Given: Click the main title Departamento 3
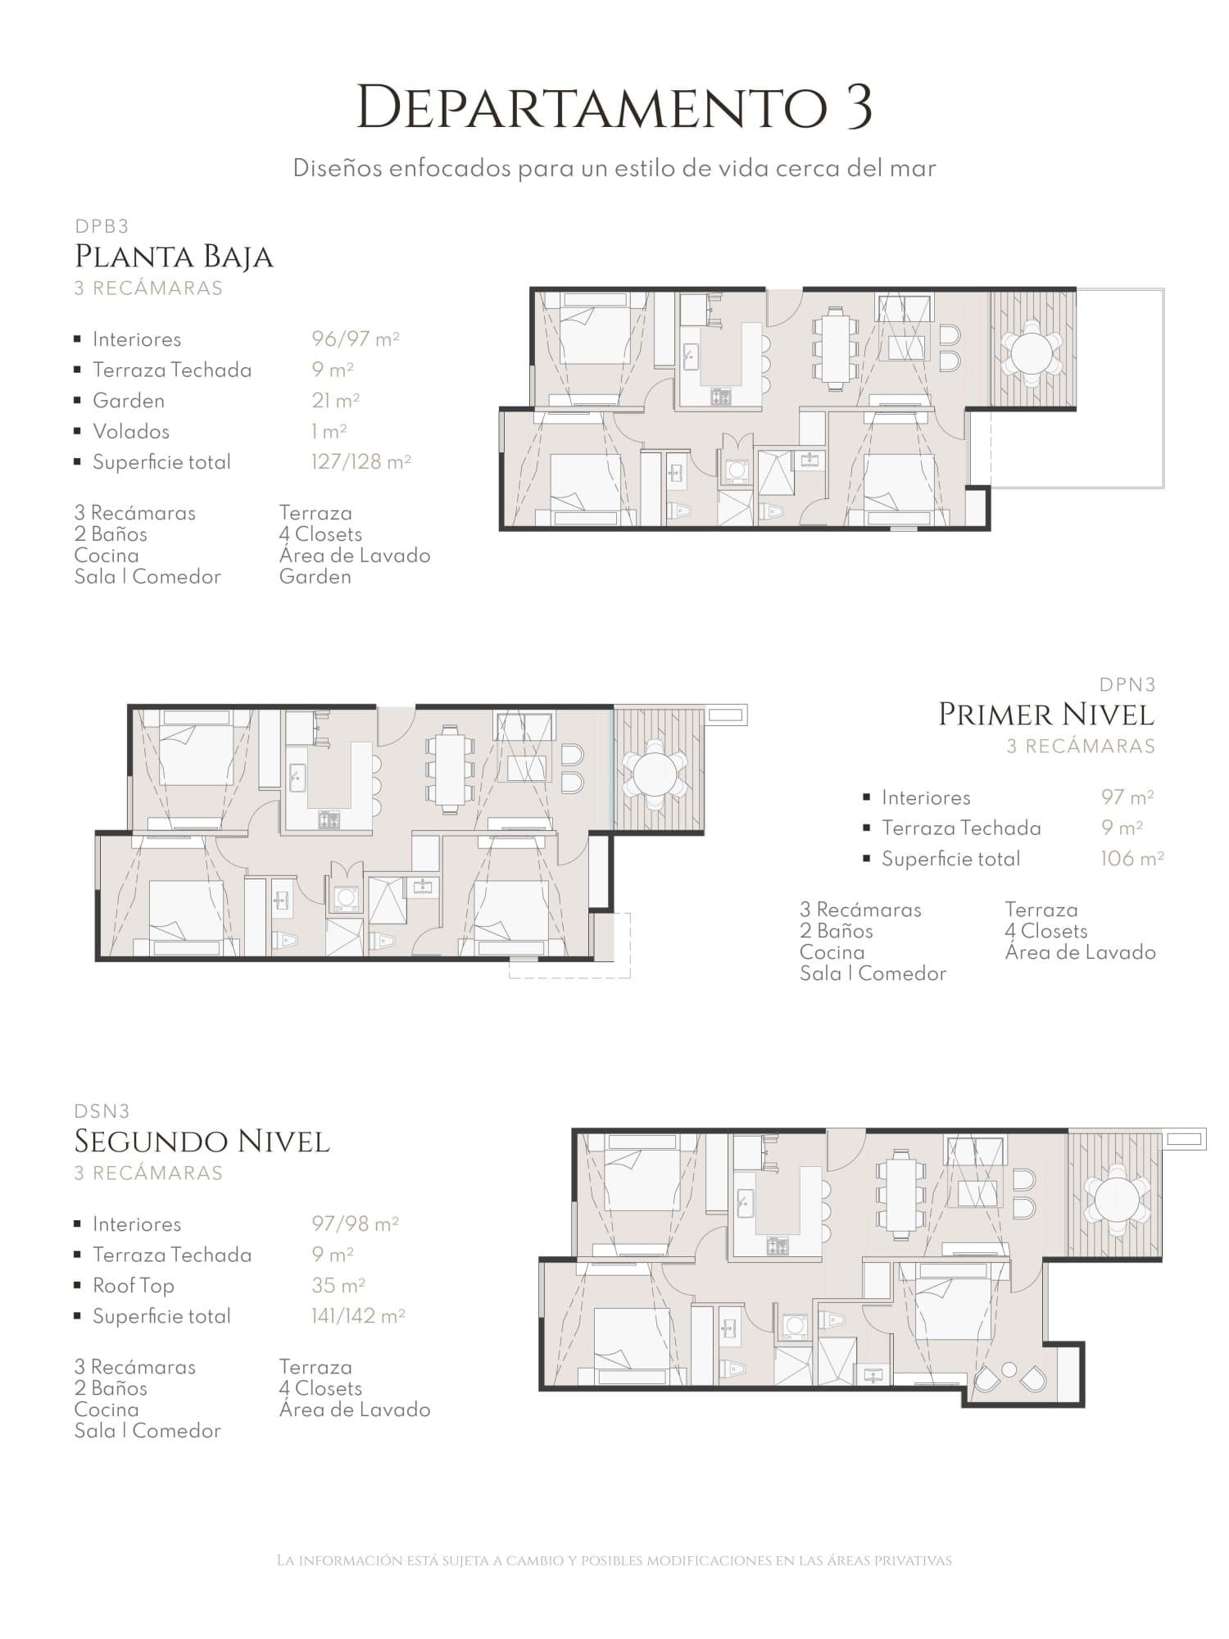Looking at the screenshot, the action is tap(614, 107).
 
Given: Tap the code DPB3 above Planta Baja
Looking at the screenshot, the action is tap(102, 226).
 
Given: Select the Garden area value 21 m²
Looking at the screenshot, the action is tap(336, 400).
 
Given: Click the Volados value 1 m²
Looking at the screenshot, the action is tap(329, 430).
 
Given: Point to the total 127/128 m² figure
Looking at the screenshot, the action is tap(361, 461).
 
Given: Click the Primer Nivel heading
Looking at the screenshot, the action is tap(1046, 714).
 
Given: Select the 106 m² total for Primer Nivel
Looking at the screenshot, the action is tap(1132, 858).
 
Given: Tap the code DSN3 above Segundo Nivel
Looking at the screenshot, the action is tap(102, 1111).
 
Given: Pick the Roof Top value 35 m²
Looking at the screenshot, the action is tap(338, 1285).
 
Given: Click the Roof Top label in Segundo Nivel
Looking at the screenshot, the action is tap(134, 1286).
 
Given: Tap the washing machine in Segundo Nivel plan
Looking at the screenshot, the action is tap(794, 1324).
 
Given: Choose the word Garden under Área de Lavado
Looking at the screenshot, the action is tap(315, 577).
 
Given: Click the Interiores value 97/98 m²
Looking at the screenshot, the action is tap(355, 1224).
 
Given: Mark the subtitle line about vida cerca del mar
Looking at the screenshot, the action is tap(614, 169).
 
